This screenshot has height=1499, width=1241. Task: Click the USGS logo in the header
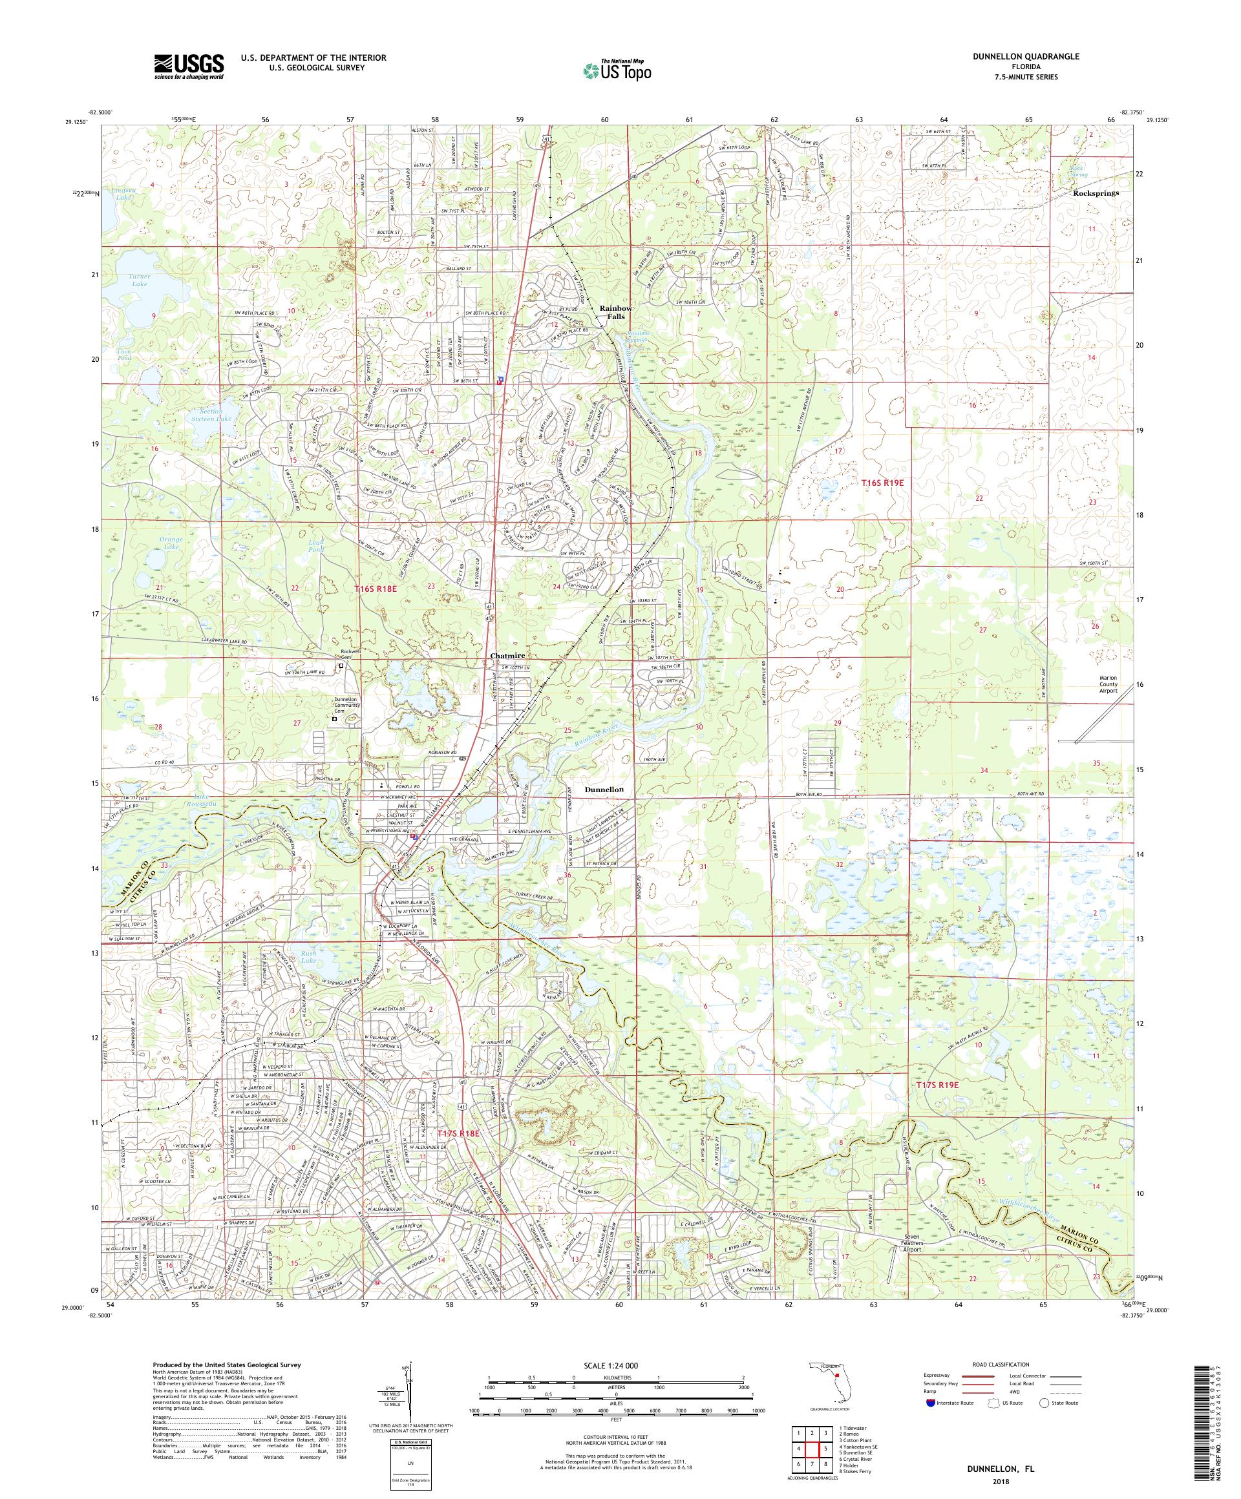(x=189, y=67)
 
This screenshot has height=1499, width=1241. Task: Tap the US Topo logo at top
(x=618, y=69)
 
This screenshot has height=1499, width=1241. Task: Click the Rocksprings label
(x=1095, y=193)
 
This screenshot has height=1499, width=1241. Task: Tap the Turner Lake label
(x=138, y=280)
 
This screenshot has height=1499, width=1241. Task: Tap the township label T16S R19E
(x=882, y=483)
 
